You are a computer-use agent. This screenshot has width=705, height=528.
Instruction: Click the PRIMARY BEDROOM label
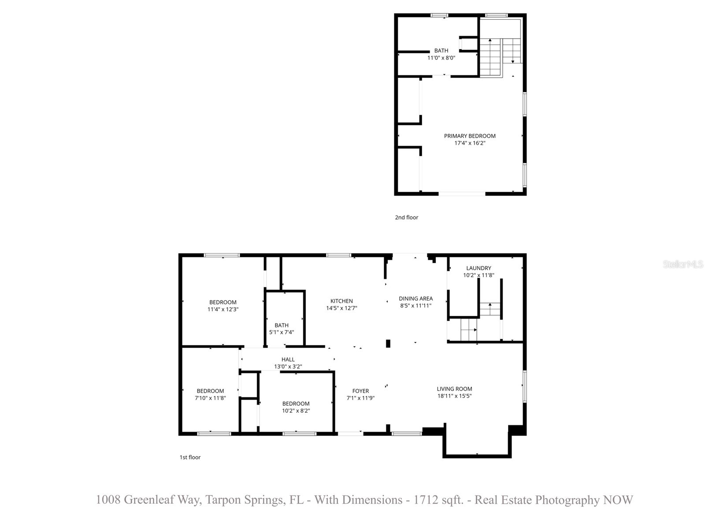(x=470, y=136)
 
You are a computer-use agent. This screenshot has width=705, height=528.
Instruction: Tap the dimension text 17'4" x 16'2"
(x=470, y=143)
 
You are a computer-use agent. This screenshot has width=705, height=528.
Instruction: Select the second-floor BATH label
(x=441, y=51)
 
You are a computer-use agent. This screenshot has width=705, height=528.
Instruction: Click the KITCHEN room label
(x=341, y=301)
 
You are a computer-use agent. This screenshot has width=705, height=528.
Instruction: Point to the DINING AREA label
(x=416, y=298)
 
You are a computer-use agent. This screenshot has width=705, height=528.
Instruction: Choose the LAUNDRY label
(x=479, y=268)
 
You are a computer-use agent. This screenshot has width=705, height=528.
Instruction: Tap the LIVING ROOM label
(x=454, y=389)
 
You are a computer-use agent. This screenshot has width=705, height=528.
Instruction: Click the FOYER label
(x=360, y=391)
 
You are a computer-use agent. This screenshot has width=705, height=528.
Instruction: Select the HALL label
(x=288, y=359)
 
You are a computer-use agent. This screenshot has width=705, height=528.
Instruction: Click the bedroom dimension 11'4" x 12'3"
(x=223, y=309)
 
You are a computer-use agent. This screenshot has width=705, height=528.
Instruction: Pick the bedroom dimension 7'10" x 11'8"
(x=210, y=398)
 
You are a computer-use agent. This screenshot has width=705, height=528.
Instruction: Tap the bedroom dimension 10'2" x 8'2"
(x=296, y=411)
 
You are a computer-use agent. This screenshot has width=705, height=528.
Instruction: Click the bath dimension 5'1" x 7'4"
(x=282, y=332)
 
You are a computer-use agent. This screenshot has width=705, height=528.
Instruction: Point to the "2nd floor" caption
(x=406, y=217)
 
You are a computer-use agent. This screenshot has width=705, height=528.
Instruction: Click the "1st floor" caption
(x=190, y=457)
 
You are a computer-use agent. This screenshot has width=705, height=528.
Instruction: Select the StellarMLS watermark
(x=683, y=264)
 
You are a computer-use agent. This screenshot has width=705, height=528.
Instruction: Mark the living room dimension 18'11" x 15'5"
(x=454, y=396)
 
